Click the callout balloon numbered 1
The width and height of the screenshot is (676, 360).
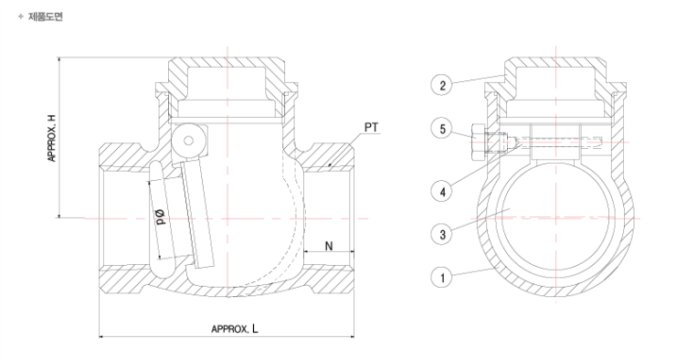tap(442, 277)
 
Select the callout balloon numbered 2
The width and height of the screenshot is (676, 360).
tap(442, 85)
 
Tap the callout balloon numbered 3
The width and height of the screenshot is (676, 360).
tap(442, 235)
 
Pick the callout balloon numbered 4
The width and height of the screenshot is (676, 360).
tap(442, 192)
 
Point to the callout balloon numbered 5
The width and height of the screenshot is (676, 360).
tap(442, 129)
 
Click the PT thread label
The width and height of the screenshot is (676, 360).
tap(371, 128)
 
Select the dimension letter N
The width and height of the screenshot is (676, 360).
tap(329, 246)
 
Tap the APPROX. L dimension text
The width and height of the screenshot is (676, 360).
tap(235, 329)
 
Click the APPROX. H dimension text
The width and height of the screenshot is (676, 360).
tap(52, 138)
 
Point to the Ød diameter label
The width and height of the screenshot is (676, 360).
tap(161, 217)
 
